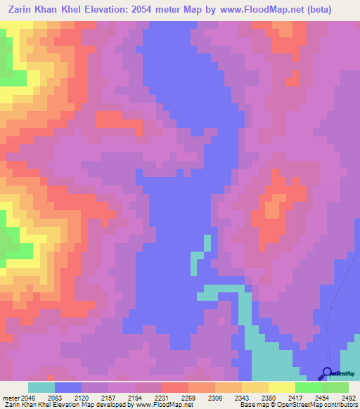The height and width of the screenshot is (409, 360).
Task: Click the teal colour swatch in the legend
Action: pos(41,387)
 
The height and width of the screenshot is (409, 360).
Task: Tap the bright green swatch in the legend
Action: pos(308,387)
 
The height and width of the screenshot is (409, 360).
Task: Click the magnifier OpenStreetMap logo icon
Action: pos(326,372)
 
